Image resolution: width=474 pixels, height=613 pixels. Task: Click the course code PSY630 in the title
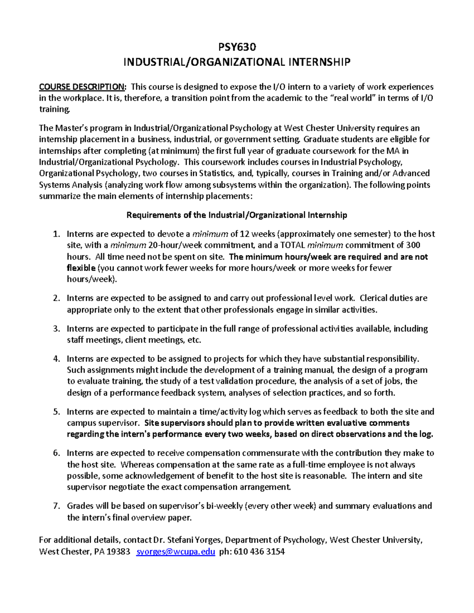point(237,47)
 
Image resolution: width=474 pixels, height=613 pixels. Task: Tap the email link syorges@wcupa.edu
point(175,551)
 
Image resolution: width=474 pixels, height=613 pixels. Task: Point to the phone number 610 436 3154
point(259,551)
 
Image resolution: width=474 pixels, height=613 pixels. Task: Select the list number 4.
point(56,359)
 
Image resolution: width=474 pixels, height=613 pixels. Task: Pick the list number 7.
point(56,506)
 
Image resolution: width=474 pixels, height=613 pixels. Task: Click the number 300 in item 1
point(413,245)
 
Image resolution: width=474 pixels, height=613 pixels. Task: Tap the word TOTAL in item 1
point(292,245)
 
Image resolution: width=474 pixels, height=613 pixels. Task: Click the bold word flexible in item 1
point(81,268)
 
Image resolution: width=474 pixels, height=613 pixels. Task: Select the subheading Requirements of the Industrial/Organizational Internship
point(237,215)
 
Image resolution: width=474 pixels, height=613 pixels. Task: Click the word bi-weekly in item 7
point(222,506)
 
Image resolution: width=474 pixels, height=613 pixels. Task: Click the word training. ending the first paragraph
point(55,109)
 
